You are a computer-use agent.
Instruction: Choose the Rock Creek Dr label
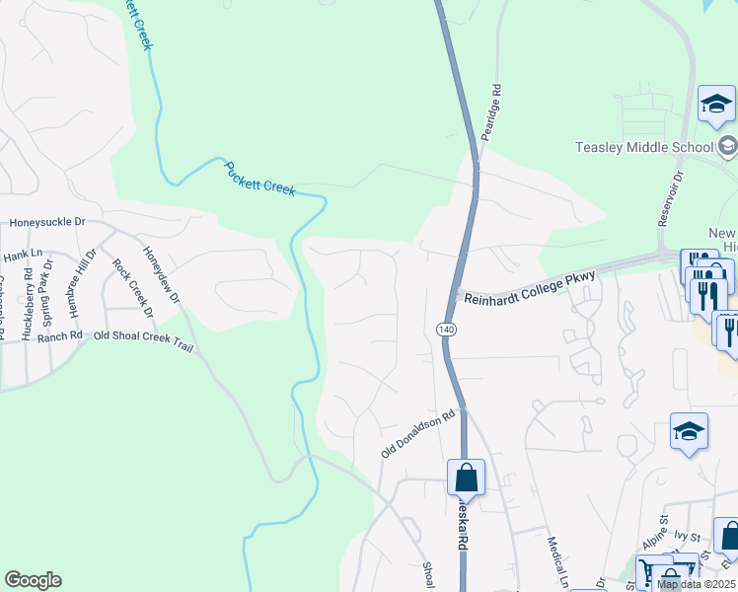click(x=133, y=287)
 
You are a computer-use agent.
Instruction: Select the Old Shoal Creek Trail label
click(x=139, y=335)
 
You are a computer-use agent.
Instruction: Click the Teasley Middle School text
click(x=644, y=148)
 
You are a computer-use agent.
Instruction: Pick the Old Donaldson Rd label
click(x=421, y=433)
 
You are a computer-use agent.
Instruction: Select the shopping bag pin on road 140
click(x=465, y=478)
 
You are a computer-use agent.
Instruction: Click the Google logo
click(x=33, y=580)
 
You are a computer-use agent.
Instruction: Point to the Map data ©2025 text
click(x=696, y=584)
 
